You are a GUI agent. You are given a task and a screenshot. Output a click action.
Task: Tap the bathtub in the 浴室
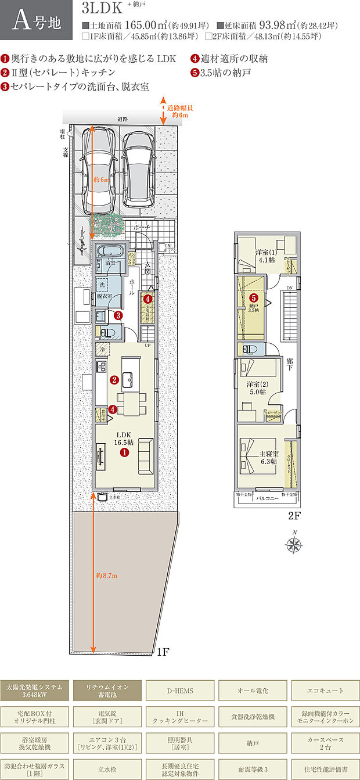(109, 251)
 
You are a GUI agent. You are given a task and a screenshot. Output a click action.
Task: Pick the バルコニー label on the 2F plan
(268, 498)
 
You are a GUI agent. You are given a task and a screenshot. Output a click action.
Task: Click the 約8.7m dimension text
(106, 576)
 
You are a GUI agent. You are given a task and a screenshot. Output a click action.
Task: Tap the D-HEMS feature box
(180, 691)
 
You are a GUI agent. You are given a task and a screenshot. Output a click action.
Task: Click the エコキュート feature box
(325, 691)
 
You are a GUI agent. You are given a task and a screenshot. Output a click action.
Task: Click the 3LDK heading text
(103, 8)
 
